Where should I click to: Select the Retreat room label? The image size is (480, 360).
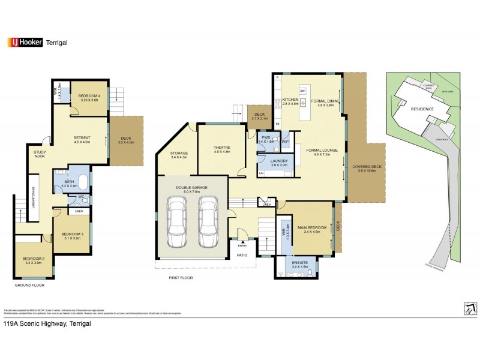click(x=82, y=139)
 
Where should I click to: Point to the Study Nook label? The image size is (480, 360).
click(x=40, y=155)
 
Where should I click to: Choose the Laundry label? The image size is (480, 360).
click(x=279, y=162)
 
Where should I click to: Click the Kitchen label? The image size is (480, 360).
click(x=291, y=101)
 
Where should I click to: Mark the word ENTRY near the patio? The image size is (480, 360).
click(x=242, y=245)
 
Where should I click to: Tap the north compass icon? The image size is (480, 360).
click(x=470, y=308)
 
